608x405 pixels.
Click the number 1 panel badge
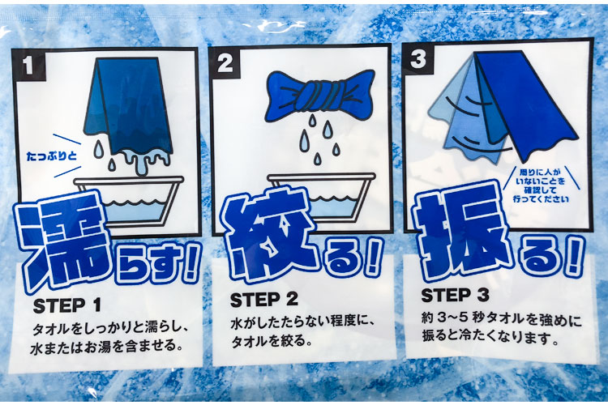tap(28, 65)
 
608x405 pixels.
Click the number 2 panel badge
tap(225, 62)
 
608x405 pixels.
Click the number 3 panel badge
tap(418, 59)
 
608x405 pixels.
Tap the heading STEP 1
tap(66, 305)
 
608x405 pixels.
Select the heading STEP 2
tap(264, 299)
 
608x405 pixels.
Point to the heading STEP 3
tap(455, 296)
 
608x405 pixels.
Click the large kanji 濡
tap(62, 241)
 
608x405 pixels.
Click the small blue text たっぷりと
tap(52, 156)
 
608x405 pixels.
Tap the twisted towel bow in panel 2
tap(320, 94)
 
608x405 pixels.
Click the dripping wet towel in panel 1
tap(129, 113)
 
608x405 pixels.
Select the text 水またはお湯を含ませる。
tap(107, 346)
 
